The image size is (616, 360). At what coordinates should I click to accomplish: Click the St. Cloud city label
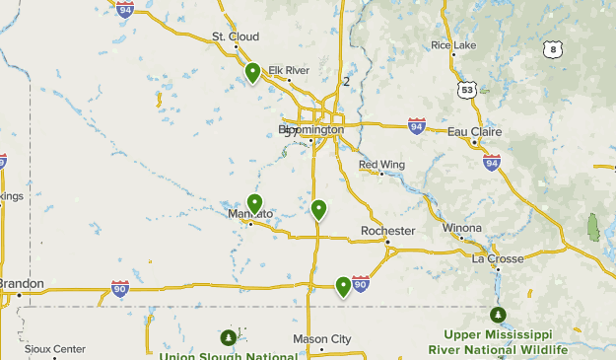235,37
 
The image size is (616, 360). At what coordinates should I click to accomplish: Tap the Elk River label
289,70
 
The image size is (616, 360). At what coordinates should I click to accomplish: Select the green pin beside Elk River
253,72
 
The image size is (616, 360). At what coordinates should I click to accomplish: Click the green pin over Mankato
254,204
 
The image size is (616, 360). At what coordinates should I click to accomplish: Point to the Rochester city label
387,231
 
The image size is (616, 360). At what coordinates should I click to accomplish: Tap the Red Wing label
381,165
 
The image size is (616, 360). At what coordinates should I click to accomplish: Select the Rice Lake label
453,45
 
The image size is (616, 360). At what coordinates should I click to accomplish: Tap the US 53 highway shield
466,89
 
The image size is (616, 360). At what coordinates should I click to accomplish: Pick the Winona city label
462,228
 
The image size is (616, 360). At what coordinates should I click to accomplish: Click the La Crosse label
498,259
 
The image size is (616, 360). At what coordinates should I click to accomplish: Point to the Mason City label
321,339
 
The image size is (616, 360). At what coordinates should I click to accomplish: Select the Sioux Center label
55,349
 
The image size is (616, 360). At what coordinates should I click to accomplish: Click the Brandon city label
21,284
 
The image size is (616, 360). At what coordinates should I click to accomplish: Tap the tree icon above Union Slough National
229,337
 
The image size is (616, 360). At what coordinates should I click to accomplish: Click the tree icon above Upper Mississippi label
499,315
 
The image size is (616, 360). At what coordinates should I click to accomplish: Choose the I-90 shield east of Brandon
120,288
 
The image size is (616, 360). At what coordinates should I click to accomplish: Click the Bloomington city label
311,129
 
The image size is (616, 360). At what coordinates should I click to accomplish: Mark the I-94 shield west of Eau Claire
417,126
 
